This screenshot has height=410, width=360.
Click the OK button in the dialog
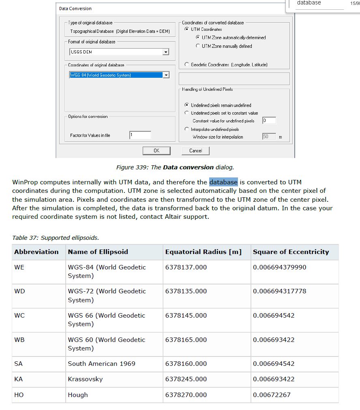pos(156,151)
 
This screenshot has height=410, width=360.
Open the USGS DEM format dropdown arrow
pos(165,52)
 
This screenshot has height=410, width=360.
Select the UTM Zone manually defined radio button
pos(198,46)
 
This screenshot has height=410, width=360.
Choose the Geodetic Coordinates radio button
pos(186,65)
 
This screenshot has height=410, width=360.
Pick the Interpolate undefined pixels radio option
pos(186,129)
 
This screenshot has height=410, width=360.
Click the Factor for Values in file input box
pos(140,135)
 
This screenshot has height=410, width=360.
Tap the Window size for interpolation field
pos(269,137)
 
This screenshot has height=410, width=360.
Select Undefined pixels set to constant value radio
pos(186,113)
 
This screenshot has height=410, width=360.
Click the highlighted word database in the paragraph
pos(223,182)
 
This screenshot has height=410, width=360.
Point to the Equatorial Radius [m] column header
pos(203,252)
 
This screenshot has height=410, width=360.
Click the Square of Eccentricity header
pos(291,252)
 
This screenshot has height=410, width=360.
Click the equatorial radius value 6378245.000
pos(186,379)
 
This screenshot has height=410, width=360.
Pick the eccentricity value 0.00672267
pos(272,395)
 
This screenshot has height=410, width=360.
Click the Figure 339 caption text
pos(175,167)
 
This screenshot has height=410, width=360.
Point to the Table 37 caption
pos(56,238)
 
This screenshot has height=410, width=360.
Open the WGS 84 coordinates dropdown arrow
pos(165,75)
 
